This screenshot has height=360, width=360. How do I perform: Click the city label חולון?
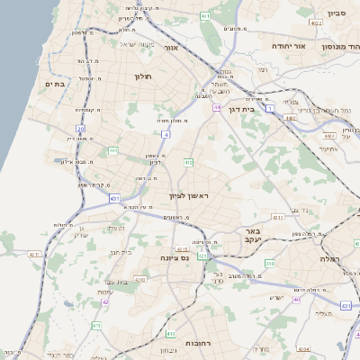pyautogui.click(x=143, y=76)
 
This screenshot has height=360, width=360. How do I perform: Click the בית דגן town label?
pyautogui.click(x=264, y=109)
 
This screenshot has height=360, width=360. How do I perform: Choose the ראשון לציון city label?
pyautogui.click(x=188, y=195)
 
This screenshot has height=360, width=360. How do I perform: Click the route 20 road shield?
pyautogui.click(x=80, y=129)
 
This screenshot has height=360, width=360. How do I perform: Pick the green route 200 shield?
pyautogui.click(x=269, y=263)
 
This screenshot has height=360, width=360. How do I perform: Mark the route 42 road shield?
pyautogui.click(x=104, y=301)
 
